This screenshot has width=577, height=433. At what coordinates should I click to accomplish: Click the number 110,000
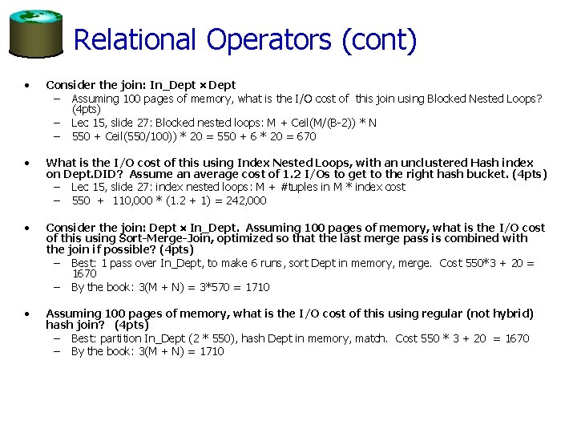coord(133,200)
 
